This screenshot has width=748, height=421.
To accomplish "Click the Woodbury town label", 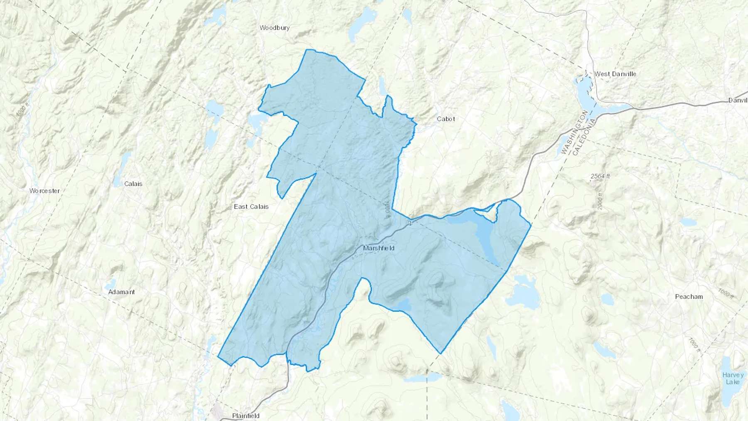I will pos(274,28).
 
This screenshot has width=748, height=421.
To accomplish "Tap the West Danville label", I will pos(615,74).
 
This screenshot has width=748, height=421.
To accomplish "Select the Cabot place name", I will pos(445,119).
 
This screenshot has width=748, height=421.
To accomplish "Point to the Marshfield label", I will pos(379,248).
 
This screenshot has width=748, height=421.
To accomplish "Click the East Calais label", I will pos(251,207).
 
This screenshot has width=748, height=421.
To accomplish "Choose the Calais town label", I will pos(133,184).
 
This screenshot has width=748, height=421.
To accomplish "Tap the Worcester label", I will pos(44,191).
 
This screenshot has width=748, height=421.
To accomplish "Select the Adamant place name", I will pos(121,292).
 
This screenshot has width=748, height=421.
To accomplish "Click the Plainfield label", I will pos(246,416).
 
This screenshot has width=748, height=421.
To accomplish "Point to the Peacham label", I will pos(689,296).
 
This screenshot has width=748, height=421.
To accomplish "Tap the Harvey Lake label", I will pos(733,378).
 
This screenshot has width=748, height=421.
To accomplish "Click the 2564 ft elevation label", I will pos(600,176).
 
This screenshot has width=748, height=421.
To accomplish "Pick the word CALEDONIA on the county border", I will pos(584,137).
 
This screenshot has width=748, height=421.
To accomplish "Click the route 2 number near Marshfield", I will pos(410,224).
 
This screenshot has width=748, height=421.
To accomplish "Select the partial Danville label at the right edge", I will pos(738,100).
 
